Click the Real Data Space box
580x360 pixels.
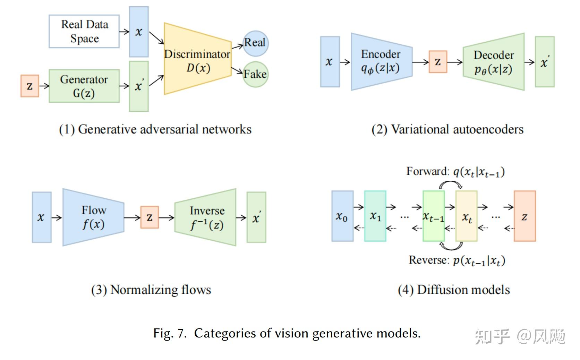pyautogui.click(x=84, y=31)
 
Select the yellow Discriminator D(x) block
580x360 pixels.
pyautogui.click(x=197, y=59)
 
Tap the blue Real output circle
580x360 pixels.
pyautogui.click(x=256, y=43)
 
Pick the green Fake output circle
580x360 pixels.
pyautogui.click(x=256, y=74)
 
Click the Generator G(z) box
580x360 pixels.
pyautogui.click(x=84, y=86)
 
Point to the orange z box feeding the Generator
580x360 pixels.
pyautogui.click(x=30, y=86)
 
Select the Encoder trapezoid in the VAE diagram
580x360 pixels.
pyautogui.click(x=381, y=62)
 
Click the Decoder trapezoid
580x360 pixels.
pyautogui.click(x=494, y=62)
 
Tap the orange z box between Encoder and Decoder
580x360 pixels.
pyautogui.click(x=438, y=62)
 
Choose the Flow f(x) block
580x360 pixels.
pyautogui.click(x=93, y=217)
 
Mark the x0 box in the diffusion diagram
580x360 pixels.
pyautogui.click(x=342, y=216)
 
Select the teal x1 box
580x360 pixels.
pyautogui.click(x=375, y=216)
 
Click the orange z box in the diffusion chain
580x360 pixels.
pyautogui.click(x=524, y=216)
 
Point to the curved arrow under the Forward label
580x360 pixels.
pyautogui.click(x=450, y=185)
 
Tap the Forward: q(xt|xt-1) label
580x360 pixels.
pyautogui.click(x=455, y=172)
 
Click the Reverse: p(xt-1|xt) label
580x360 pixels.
pyautogui.click(x=457, y=260)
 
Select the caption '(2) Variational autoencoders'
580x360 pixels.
pyautogui.click(x=447, y=129)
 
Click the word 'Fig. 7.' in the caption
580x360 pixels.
pyautogui.click(x=170, y=333)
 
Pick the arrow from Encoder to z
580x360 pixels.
pyautogui.click(x=420, y=62)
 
